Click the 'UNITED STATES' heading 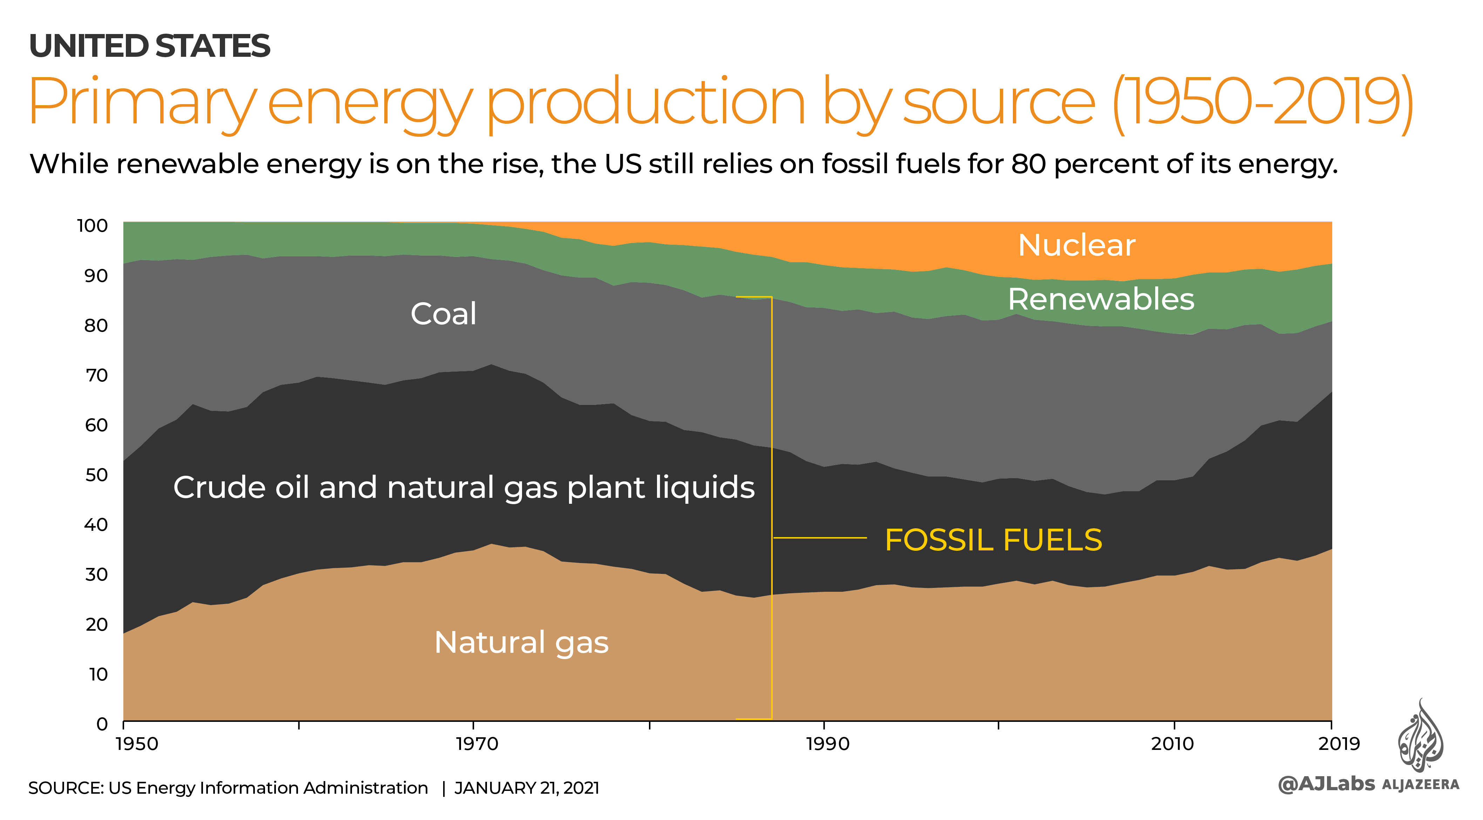coord(150,46)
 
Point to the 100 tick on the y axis coord(93,226)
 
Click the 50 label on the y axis coord(96,475)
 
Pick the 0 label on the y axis coord(102,724)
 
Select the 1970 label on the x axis coord(477,744)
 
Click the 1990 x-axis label coord(827,744)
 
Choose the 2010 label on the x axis coord(1173,744)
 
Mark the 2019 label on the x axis coord(1339,744)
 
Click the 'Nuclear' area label coord(1077,245)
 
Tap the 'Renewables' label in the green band coord(1101,299)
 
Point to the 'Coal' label coord(443,314)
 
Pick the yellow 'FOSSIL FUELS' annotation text coord(993,540)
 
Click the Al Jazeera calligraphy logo coord(1420,736)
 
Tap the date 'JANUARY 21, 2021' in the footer coord(527,788)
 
